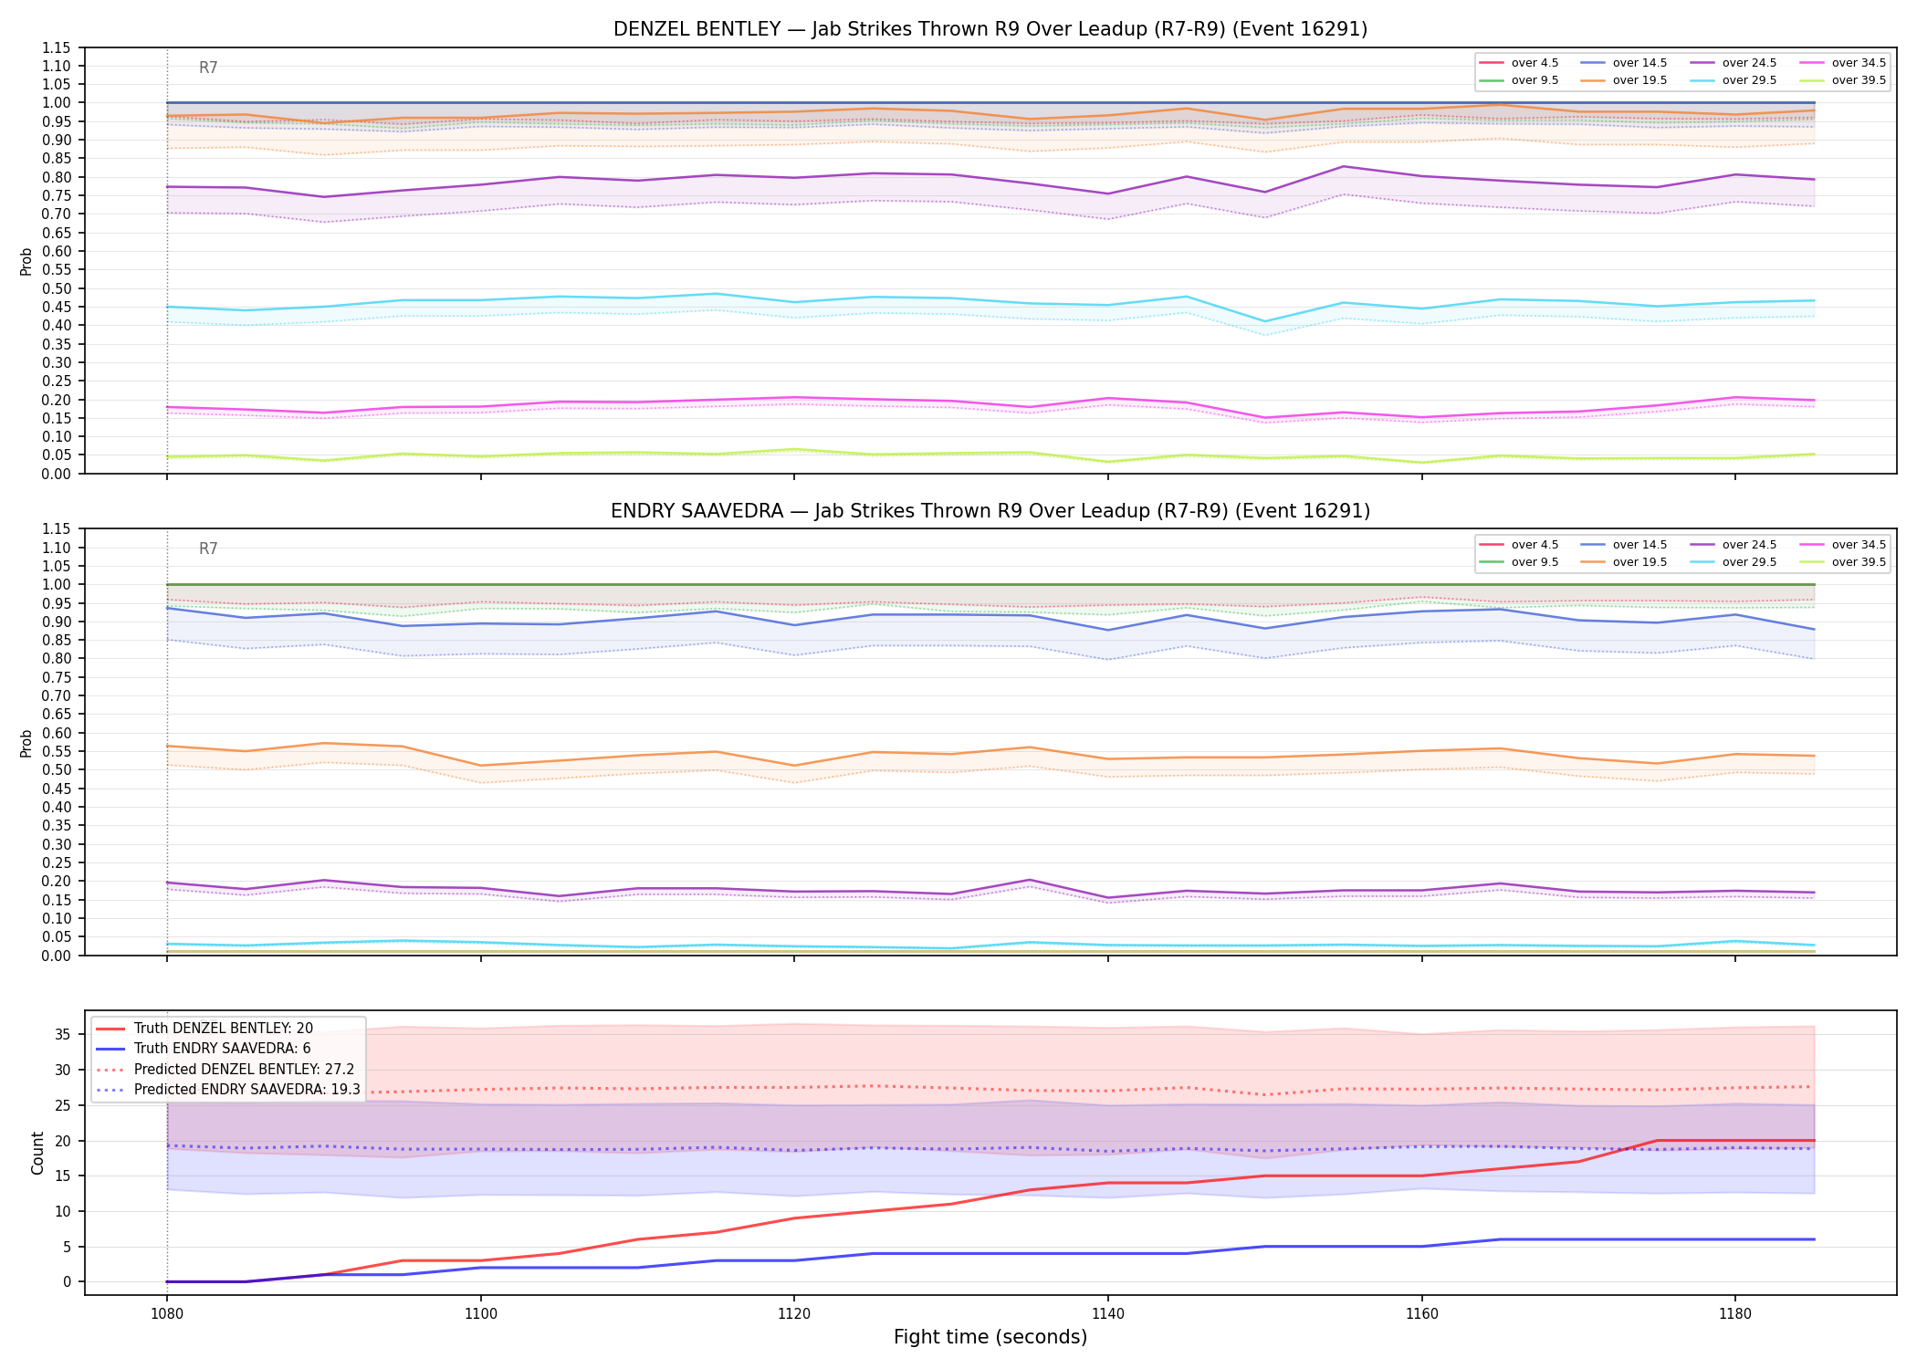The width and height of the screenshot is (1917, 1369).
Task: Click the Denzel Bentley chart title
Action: point(990,29)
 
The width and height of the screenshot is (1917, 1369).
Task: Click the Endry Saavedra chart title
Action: point(990,511)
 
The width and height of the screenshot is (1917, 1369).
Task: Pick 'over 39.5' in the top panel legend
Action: point(1859,80)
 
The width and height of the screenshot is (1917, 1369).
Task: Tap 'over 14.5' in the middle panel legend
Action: point(1639,545)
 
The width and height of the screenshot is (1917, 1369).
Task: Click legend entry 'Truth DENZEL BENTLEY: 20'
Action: point(224,1029)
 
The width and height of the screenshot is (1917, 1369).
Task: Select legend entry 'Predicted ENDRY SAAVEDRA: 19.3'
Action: point(247,1090)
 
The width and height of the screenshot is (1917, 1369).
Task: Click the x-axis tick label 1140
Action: point(1108,1314)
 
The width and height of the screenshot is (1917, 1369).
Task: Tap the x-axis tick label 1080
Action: point(166,1314)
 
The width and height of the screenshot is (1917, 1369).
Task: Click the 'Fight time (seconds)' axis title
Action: point(990,1337)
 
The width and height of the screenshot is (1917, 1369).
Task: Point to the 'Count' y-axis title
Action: point(37,1153)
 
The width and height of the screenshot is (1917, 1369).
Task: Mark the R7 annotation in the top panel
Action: point(208,68)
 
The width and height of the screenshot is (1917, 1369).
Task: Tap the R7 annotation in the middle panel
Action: point(208,549)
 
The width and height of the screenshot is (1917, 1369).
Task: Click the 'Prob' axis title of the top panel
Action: point(26,261)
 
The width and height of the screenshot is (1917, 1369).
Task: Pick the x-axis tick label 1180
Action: point(1735,1314)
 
